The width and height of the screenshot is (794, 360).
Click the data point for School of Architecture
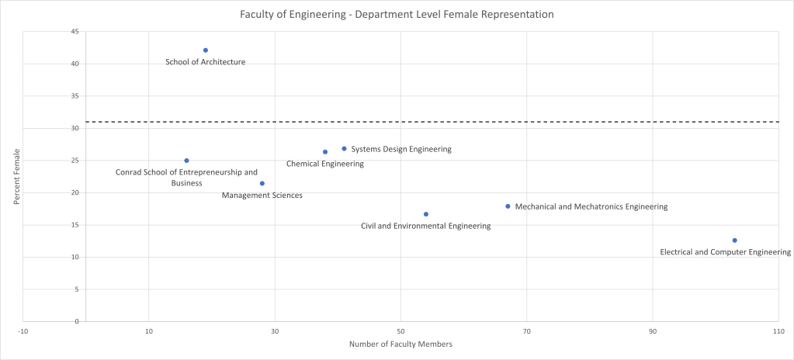pos(206,50)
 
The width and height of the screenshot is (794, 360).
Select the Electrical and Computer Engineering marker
pos(734,241)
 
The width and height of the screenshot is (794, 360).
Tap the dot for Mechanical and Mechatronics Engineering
pos(508,206)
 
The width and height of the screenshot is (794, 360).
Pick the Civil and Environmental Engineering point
pos(425,214)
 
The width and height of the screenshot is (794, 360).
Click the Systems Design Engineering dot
pos(344,148)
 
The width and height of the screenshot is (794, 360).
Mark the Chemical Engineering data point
pos(325,152)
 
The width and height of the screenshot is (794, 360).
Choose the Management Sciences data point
pos(262,183)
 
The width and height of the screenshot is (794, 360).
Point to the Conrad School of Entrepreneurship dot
pos(186,161)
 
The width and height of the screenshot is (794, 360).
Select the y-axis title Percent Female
pos(16,177)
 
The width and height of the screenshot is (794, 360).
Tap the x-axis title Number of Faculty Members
pos(400,344)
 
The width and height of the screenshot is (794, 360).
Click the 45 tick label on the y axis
pos(74,32)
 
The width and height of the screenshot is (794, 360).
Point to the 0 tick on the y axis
pos(76,321)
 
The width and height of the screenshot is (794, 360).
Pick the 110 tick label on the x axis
pos(778,331)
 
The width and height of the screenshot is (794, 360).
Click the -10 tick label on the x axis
pos(23,331)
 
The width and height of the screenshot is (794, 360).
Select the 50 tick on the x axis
pos(400,331)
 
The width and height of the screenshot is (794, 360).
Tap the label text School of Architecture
pos(206,62)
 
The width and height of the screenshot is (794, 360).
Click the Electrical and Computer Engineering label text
pos(725,252)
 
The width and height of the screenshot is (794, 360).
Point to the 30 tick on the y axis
pos(74,128)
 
